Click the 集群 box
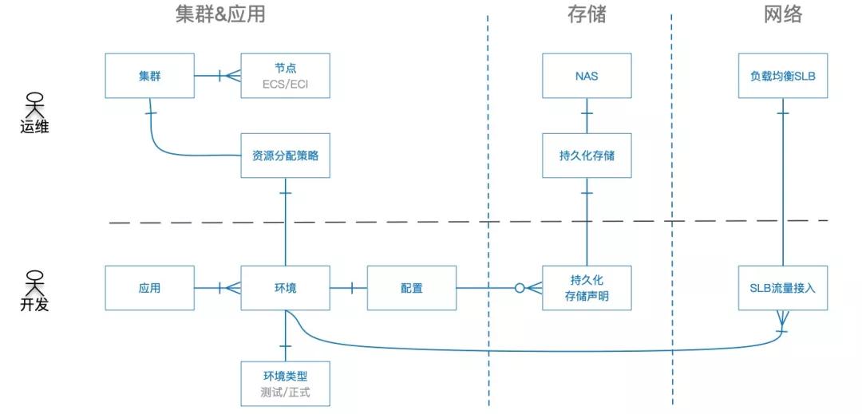click(x=150, y=76)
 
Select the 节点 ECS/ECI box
click(x=285, y=76)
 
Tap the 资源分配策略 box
click(x=285, y=156)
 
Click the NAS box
click(x=587, y=76)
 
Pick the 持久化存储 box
click(x=587, y=156)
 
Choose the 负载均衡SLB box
click(x=782, y=76)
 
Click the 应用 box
click(x=150, y=288)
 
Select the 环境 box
click(x=285, y=288)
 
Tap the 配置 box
click(x=412, y=288)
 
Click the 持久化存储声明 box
click(x=587, y=288)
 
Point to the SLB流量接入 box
click(x=782, y=288)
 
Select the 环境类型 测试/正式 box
click(x=285, y=384)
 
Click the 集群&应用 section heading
click(x=220, y=14)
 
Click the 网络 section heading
click(x=782, y=14)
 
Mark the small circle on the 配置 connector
click(x=520, y=288)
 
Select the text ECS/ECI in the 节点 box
click(x=285, y=83)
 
